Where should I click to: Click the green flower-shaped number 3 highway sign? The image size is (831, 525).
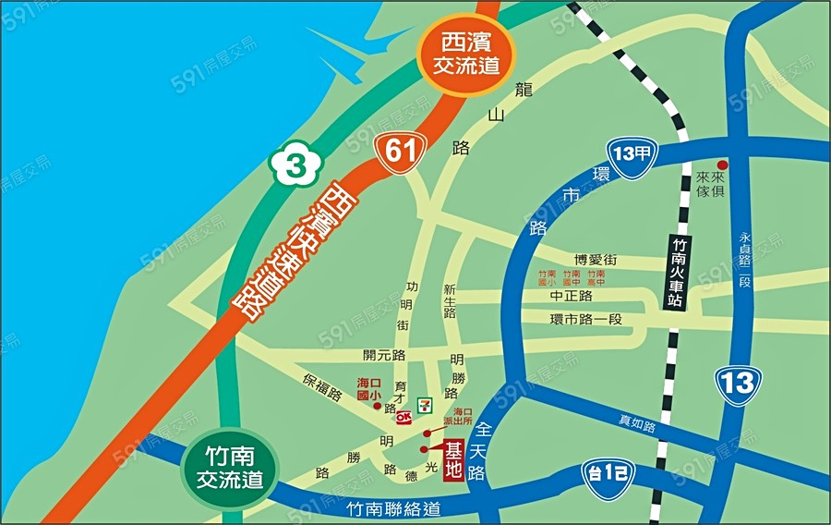click(294, 166)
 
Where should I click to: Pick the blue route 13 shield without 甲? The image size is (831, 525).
click(737, 385)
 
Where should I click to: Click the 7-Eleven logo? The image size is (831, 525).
click(426, 404)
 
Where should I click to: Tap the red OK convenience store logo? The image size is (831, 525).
click(403, 416)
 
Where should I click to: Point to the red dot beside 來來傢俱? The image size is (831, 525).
click(723, 164)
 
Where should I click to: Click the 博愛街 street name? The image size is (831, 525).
click(595, 260)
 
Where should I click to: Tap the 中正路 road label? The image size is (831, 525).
click(570, 297)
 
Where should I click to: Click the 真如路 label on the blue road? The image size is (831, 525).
click(636, 424)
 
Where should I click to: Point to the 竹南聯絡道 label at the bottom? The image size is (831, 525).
click(394, 509)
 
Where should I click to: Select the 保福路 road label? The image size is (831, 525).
click(322, 385)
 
